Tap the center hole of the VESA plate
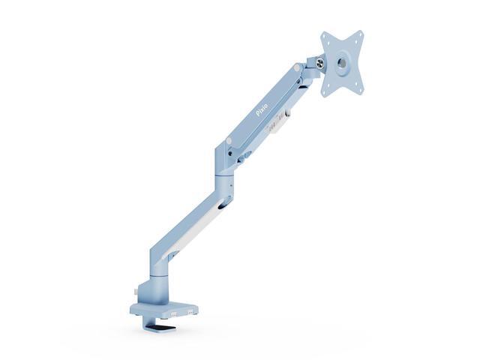(343, 64)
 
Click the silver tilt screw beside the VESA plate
(321, 64)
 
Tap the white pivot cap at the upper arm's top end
(298, 68)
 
